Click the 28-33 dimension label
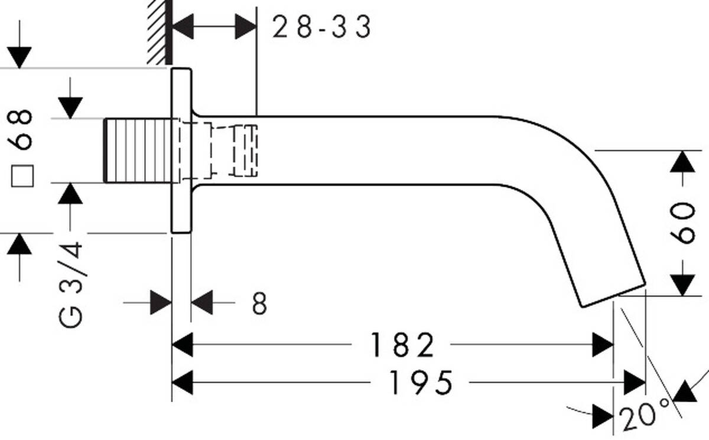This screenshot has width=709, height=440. coord(321,27)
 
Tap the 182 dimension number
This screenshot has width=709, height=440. coord(402,345)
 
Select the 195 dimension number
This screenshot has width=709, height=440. coord(421,383)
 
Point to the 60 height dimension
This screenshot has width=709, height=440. coord(683,223)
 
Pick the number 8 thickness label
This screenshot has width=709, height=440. coord(259,303)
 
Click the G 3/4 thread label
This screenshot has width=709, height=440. coord(70,285)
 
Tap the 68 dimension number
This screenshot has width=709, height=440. coord(19,130)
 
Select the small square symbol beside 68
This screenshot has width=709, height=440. coord(22,176)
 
